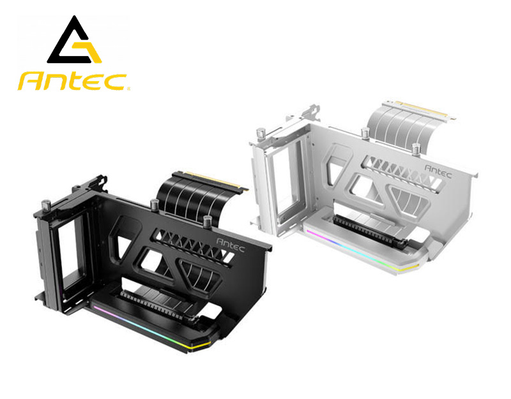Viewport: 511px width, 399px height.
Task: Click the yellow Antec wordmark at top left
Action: coord(72,81)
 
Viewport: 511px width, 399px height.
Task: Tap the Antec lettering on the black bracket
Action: coord(231,244)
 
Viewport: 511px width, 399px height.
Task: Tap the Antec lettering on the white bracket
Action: coord(438,171)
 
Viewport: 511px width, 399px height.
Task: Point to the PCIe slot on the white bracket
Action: coord(370,230)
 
